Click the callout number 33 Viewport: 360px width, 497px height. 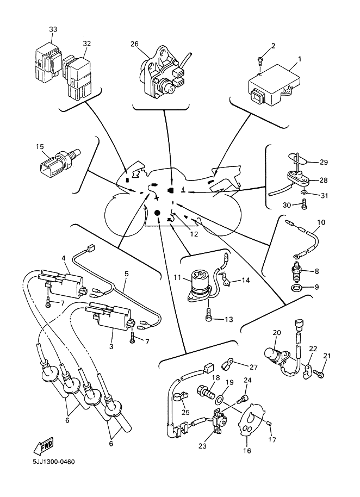53,29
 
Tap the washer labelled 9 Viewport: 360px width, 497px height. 296,287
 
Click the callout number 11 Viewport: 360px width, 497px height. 177,278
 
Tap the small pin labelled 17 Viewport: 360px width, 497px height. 268,424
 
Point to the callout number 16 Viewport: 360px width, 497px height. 246,451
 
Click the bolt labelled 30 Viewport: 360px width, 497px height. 303,205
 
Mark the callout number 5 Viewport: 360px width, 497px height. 126,274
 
